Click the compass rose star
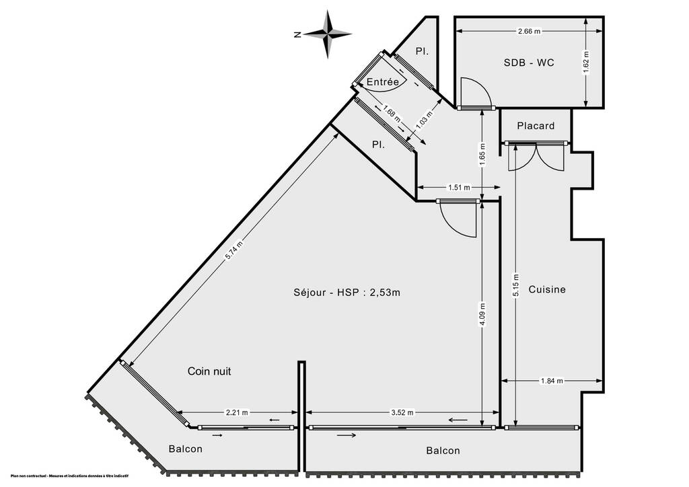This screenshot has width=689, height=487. pos(328,34)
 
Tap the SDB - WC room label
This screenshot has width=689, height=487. pos(529,63)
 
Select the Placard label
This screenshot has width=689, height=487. pos(536,126)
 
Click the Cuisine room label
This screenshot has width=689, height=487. pos(546,289)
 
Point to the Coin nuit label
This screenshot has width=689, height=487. pos(209,371)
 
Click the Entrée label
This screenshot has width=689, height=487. pos(383,81)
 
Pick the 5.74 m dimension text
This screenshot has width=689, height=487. pos(233,252)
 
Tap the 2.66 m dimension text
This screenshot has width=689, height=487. pos(530,31)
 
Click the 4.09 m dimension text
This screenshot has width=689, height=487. pos(482,314)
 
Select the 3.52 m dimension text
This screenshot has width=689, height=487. pos(402,412)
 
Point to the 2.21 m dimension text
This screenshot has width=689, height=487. pos(237,412)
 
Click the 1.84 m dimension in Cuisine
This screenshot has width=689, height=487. pos(552,381)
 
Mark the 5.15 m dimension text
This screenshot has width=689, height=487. pos(516,286)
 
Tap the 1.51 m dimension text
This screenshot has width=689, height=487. pos(459,188)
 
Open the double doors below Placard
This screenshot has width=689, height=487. pos(536,157)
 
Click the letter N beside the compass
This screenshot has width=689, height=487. pos(297,35)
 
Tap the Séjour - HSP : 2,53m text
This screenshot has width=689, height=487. pos(347,292)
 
